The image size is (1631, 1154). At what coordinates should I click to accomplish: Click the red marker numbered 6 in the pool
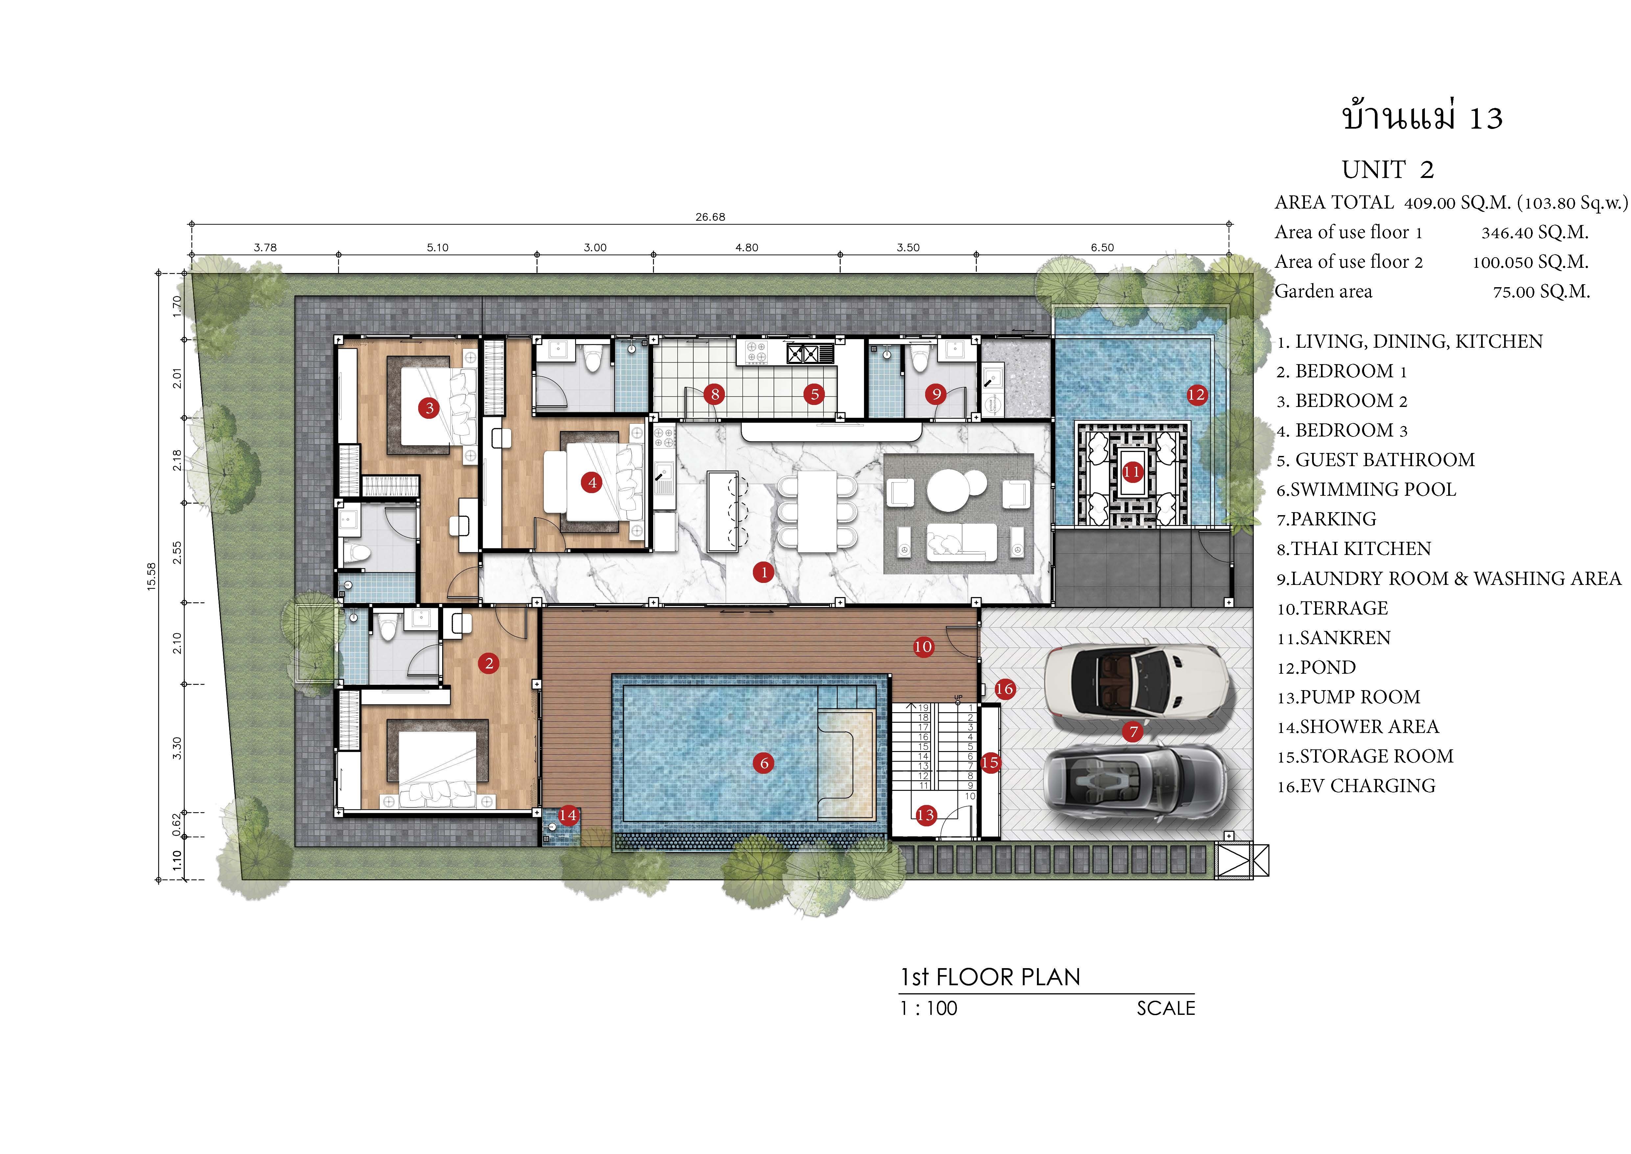pyautogui.click(x=764, y=763)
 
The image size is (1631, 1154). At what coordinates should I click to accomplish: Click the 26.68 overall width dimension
pyautogui.click(x=710, y=217)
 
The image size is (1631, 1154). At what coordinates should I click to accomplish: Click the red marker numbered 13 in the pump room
pyautogui.click(x=925, y=815)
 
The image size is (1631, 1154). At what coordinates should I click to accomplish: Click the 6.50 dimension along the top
pyautogui.click(x=1102, y=247)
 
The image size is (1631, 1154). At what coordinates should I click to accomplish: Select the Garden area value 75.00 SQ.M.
pyautogui.click(x=1542, y=291)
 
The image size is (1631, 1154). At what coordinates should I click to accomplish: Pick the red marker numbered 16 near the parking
pyautogui.click(x=1004, y=689)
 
